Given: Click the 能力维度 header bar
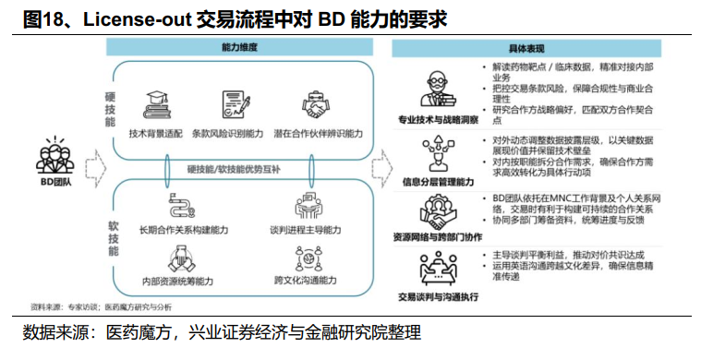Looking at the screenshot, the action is tap(239, 47).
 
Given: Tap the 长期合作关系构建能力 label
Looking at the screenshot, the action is tap(173, 229).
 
